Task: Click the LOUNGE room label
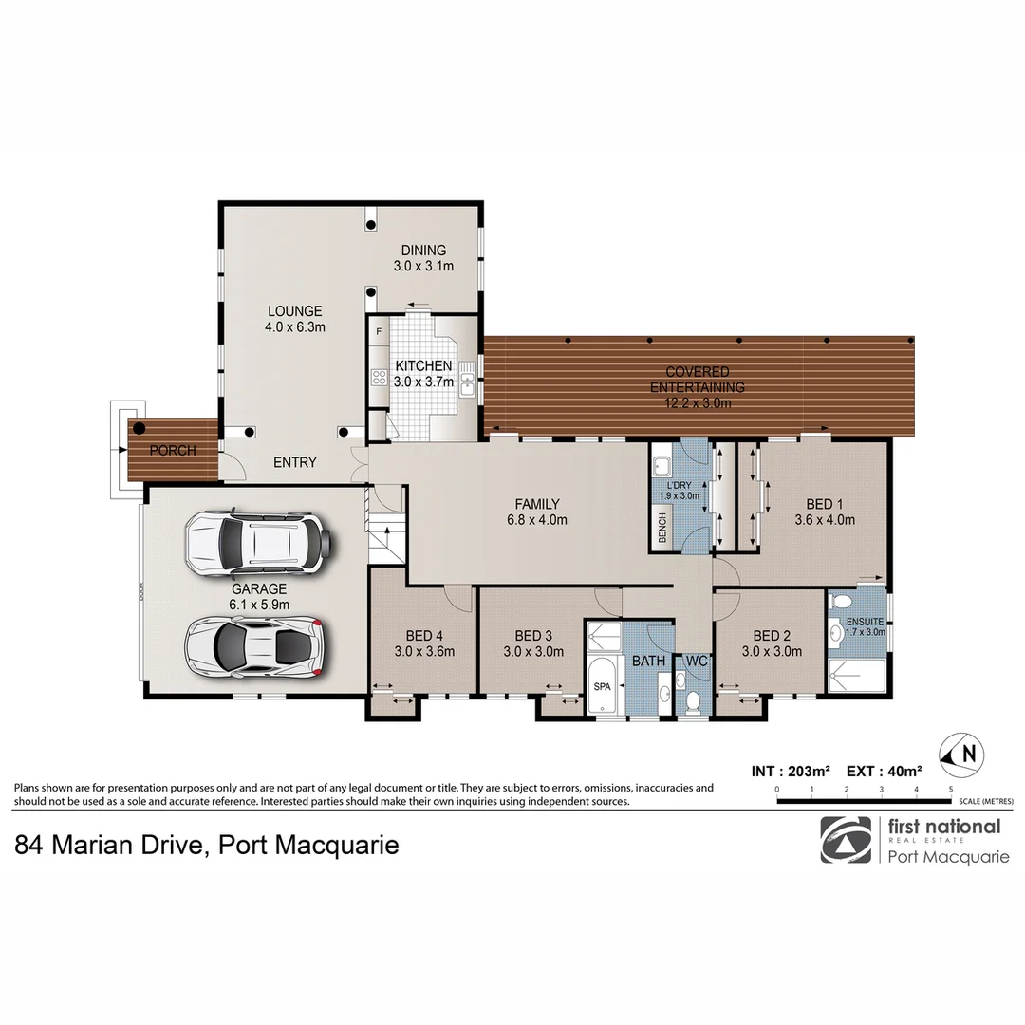(295, 311)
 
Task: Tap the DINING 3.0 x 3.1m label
(423, 258)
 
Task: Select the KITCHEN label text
(423, 366)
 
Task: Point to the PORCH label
(173, 450)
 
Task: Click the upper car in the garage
(259, 545)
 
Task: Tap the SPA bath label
(602, 684)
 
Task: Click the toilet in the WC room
(694, 700)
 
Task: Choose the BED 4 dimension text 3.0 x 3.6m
(425, 651)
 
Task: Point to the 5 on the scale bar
(951, 789)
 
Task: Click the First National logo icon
(845, 840)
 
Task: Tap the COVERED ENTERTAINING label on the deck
(697, 380)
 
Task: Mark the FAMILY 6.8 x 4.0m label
(537, 512)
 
